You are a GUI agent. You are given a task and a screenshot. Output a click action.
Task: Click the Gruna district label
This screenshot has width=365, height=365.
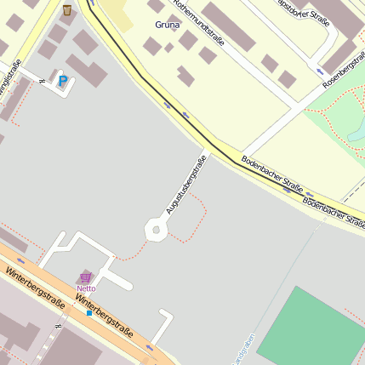168,25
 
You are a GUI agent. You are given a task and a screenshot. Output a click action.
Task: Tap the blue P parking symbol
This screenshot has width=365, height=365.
63,82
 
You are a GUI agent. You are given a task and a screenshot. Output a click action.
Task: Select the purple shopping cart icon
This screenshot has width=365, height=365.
85,277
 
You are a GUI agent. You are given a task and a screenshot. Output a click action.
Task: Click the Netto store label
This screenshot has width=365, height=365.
86,288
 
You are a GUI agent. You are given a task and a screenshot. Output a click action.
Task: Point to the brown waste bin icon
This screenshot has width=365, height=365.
66,10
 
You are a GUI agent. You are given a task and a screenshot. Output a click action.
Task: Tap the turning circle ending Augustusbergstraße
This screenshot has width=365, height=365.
155,228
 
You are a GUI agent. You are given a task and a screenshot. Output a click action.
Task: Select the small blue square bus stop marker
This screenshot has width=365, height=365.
88,313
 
